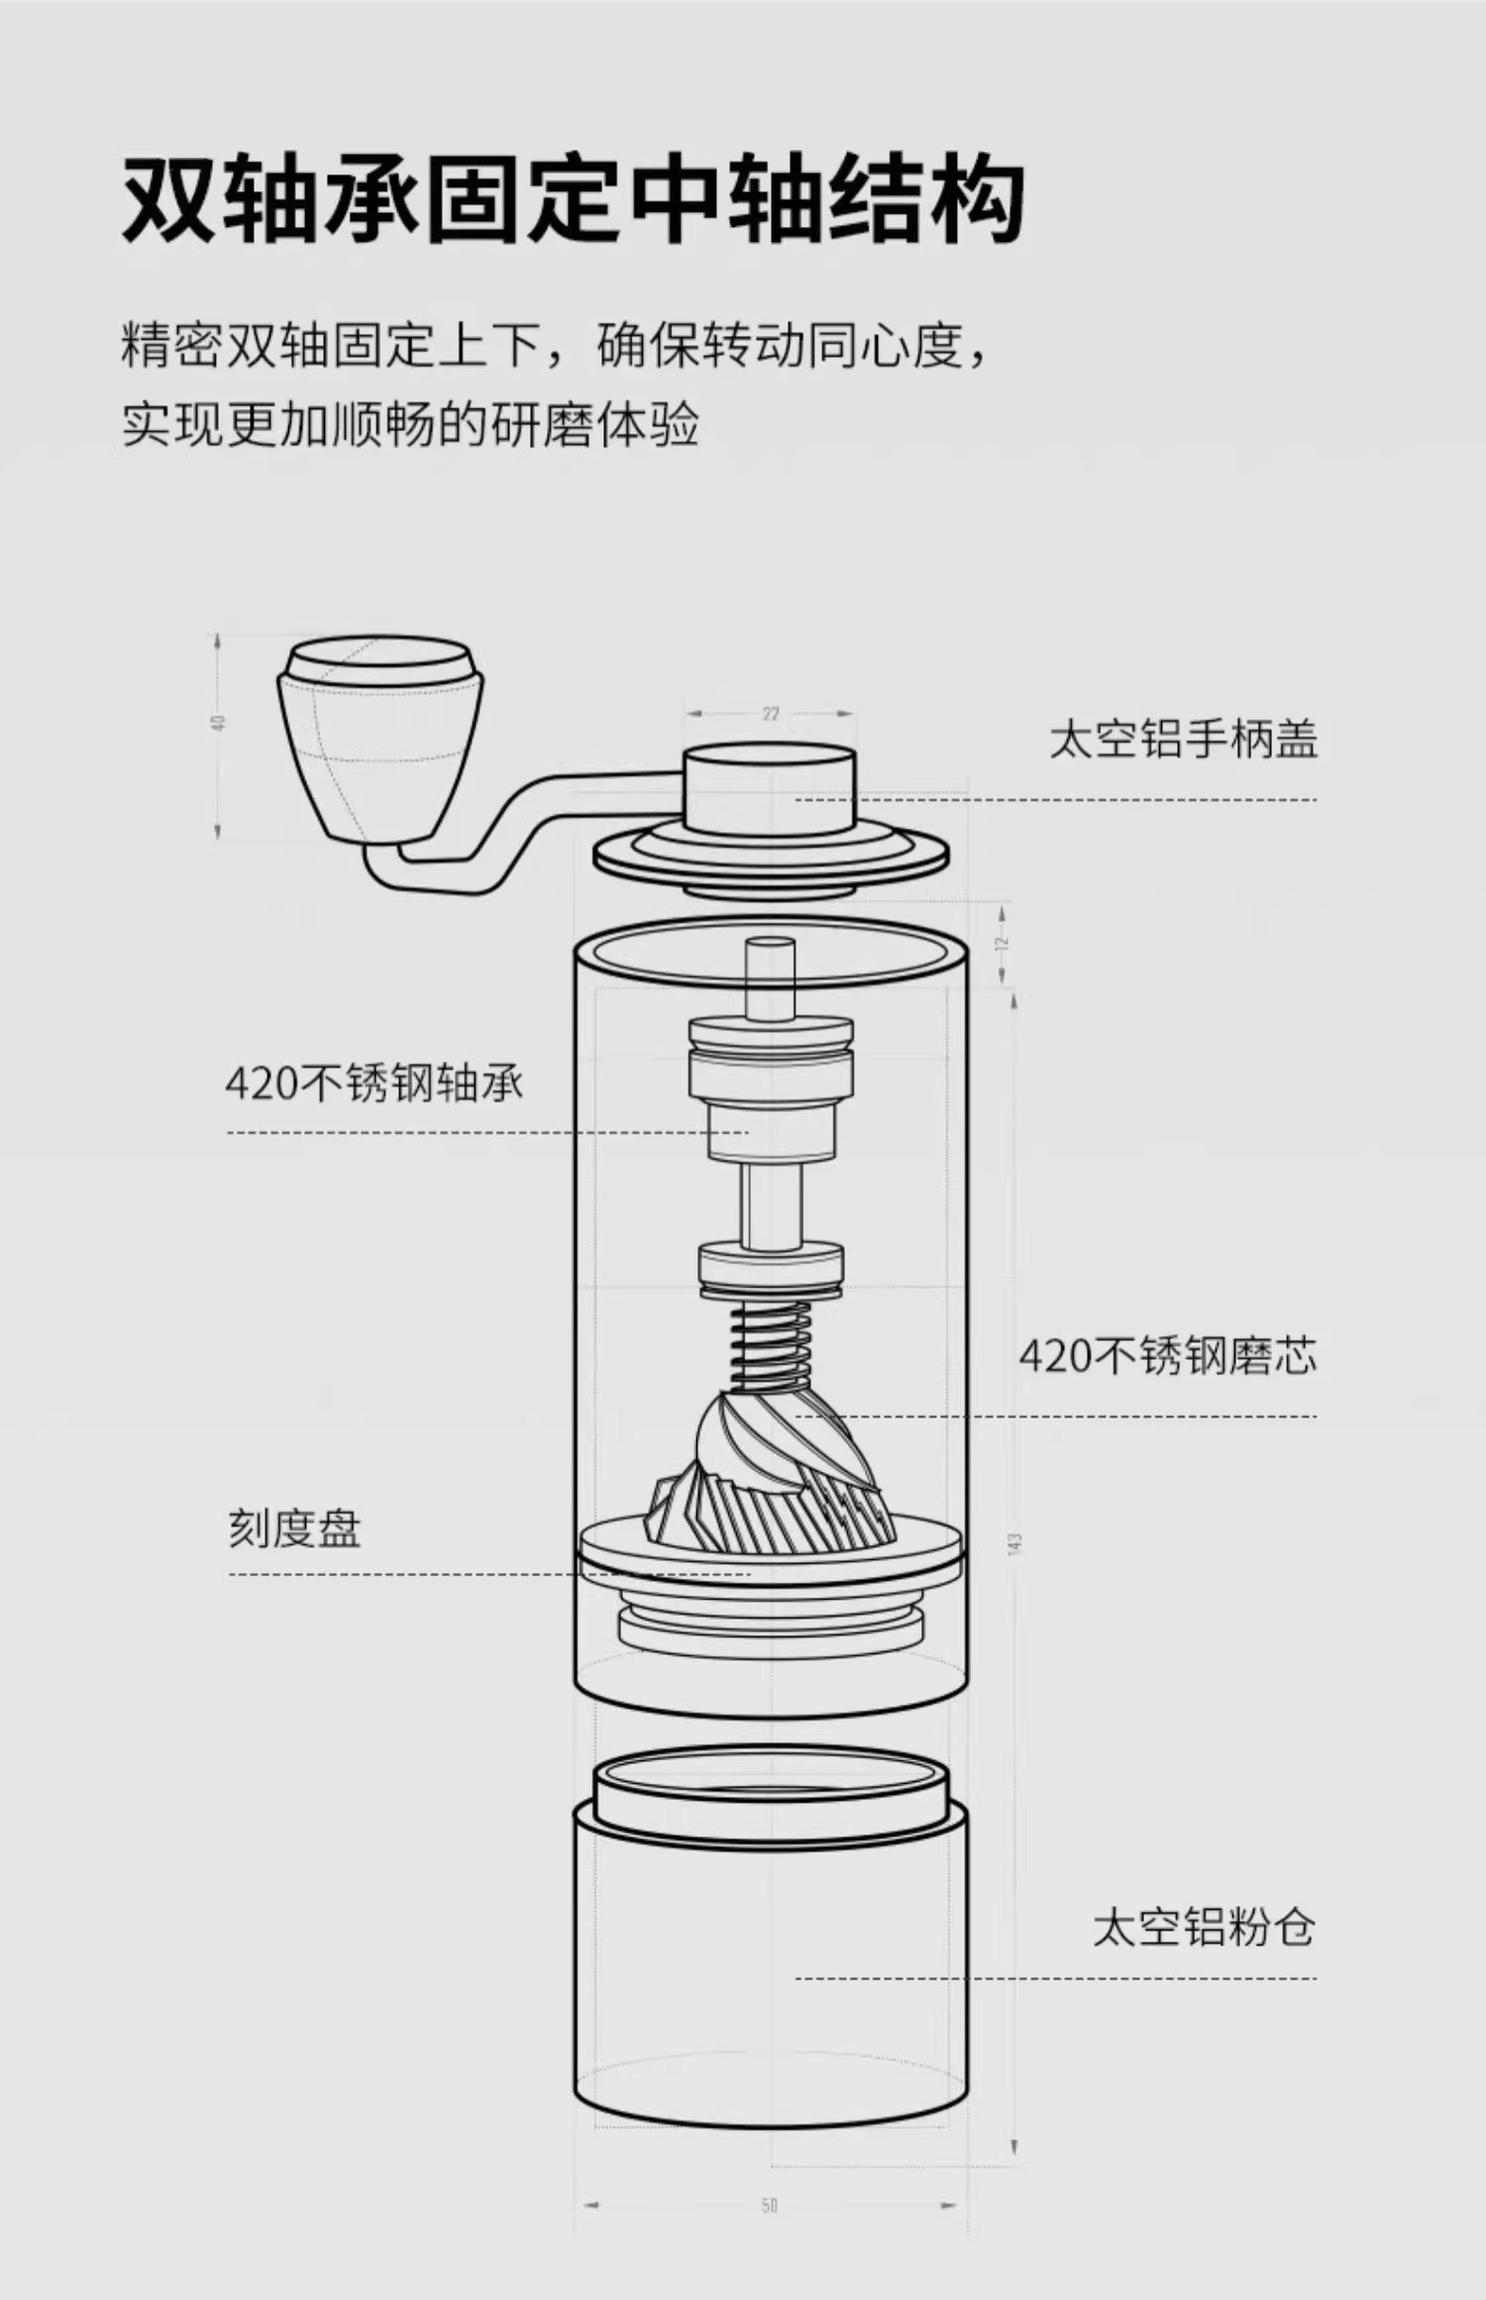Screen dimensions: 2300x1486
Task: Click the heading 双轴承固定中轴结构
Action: (572, 199)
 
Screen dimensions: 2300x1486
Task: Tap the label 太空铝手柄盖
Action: (1183, 740)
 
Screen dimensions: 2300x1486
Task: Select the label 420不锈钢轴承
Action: (373, 1084)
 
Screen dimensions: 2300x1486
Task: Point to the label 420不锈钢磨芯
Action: (1168, 1356)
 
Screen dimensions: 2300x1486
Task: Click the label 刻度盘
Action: (294, 1528)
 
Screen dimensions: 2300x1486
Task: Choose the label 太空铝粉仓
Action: (1204, 1927)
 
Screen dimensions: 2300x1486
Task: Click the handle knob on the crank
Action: (379, 738)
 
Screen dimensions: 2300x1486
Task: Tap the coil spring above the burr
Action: (771, 1345)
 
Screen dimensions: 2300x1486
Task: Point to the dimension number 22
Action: (771, 713)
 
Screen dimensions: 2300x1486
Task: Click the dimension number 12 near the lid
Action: (1002, 943)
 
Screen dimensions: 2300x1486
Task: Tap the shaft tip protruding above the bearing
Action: (770, 977)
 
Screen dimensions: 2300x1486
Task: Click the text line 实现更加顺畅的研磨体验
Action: (410, 425)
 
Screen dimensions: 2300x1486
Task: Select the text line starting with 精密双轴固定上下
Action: (555, 346)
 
